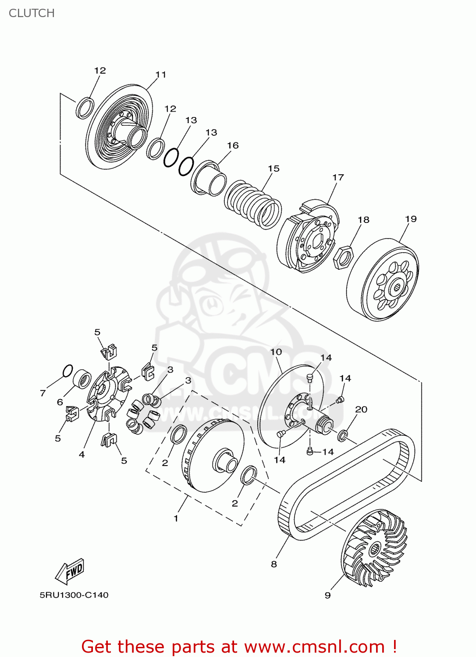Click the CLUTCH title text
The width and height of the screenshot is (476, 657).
click(32, 13)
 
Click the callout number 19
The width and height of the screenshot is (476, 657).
click(411, 219)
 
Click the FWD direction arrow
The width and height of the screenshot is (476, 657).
click(70, 572)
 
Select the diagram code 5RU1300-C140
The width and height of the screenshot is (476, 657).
click(74, 595)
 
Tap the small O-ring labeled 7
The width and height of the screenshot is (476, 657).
click(67, 371)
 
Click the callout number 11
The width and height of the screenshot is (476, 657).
click(161, 75)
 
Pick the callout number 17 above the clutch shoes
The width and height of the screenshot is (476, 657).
click(338, 177)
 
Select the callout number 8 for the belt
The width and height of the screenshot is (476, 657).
click(274, 564)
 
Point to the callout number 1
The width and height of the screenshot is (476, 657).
click(176, 519)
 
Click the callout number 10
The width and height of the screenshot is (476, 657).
click(276, 352)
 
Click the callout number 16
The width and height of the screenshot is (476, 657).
click(233, 145)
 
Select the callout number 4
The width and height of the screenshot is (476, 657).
click(82, 455)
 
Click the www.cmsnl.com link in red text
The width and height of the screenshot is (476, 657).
click(314, 647)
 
